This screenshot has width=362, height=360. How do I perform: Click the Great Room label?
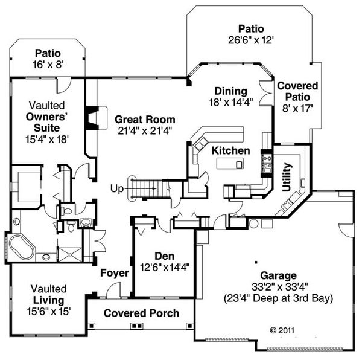click(145, 120)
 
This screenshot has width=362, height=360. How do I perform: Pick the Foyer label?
click(115, 273)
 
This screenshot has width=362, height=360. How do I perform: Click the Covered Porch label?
click(141, 313)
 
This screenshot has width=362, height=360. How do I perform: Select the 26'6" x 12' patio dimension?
click(247, 40)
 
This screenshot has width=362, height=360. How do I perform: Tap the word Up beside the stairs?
click(116, 189)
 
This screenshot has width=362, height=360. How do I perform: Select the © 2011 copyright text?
click(282, 330)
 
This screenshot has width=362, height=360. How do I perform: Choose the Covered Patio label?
click(298, 92)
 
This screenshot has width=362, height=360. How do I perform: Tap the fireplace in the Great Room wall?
click(91, 118)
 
